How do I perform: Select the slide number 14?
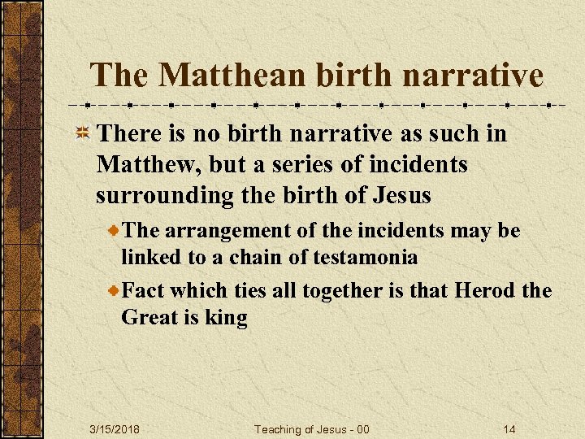509,428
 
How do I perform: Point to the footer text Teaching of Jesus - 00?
312,428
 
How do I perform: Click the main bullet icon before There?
83,134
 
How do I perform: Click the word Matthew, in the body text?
149,165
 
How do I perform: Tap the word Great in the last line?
149,318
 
